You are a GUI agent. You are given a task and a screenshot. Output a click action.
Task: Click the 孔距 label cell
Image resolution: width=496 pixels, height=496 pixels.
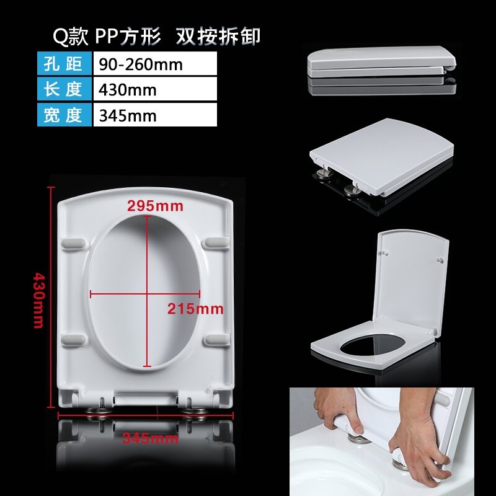tap(64, 64)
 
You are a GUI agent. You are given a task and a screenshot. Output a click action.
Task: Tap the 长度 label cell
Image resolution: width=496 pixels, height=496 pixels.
tap(64, 89)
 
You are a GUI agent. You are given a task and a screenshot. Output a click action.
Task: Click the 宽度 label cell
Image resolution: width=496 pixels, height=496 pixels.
tap(64, 115)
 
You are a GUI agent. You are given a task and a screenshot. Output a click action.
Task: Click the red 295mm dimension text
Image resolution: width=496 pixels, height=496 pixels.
tap(155, 206)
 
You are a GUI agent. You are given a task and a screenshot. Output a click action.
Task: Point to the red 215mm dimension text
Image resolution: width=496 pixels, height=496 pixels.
tap(195, 308)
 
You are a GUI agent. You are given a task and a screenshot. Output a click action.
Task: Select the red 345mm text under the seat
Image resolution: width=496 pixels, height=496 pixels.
tap(150, 439)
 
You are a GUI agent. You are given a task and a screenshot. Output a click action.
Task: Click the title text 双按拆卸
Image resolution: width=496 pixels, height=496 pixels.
tap(218, 37)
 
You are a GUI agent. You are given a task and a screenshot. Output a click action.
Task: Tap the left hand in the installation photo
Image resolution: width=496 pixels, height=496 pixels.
tap(338, 412)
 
